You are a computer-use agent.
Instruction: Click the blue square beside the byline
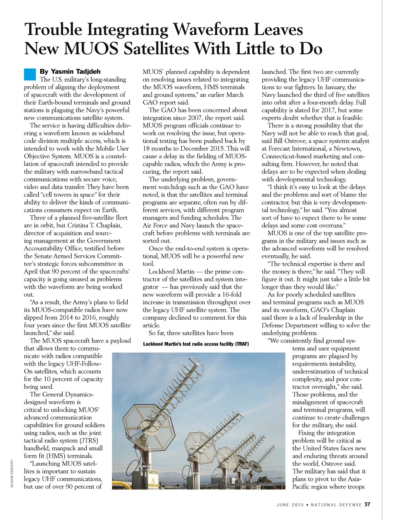30,74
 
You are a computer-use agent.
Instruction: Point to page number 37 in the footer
367,504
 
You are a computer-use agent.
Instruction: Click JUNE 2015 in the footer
290,505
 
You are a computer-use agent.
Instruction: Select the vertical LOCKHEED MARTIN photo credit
12,473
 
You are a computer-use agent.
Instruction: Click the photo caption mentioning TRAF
196,344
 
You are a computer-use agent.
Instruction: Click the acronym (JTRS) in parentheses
88,441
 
